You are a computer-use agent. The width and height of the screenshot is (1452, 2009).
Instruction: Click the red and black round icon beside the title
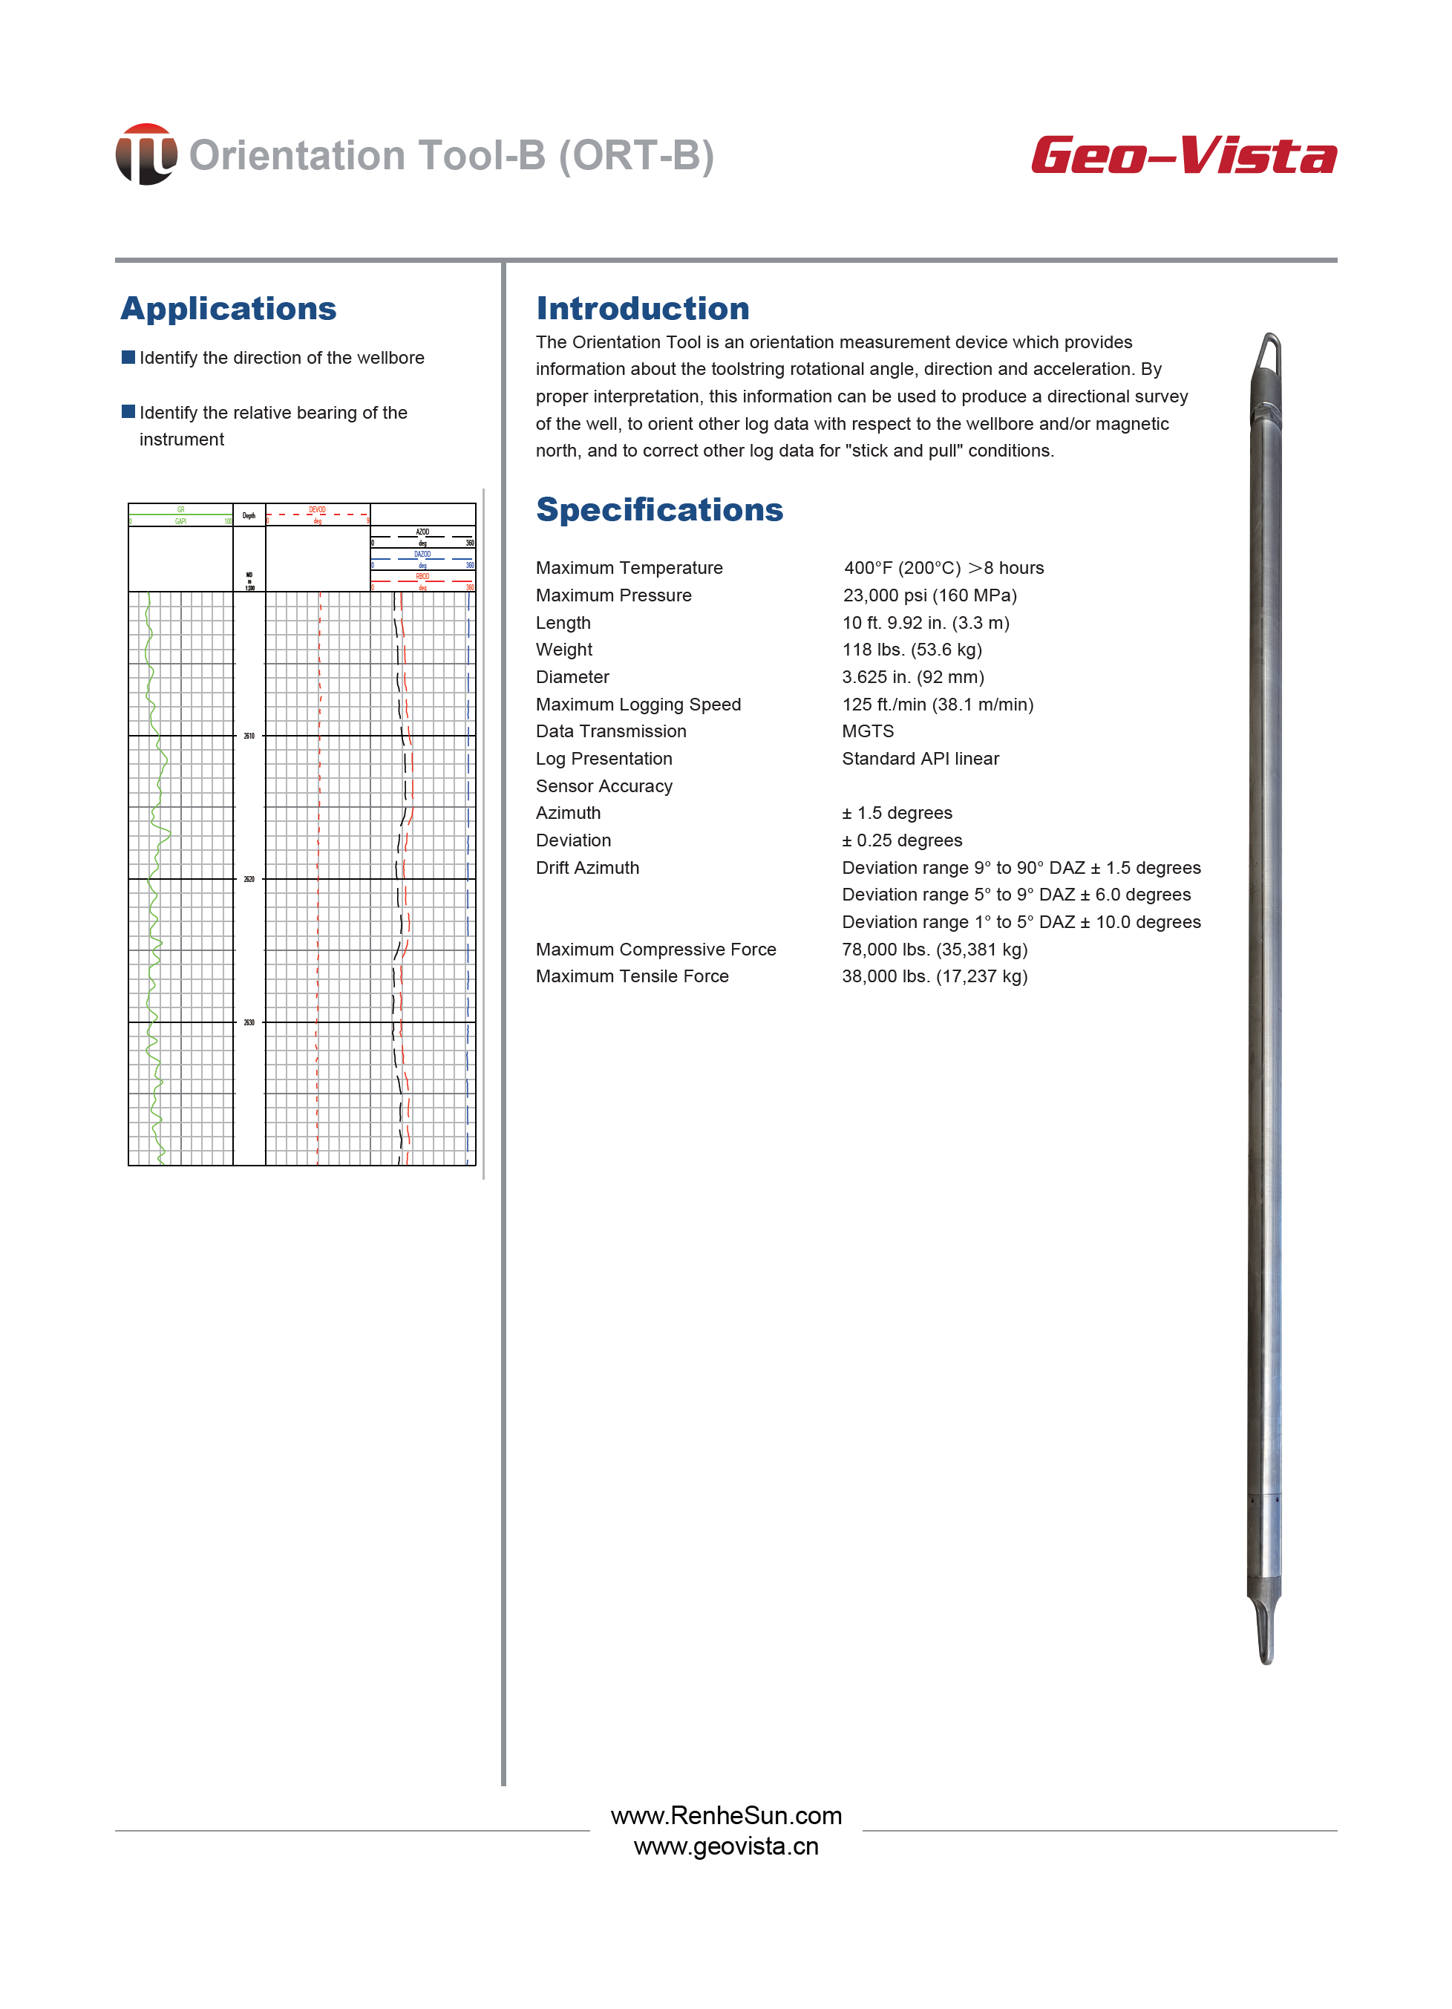click(x=146, y=154)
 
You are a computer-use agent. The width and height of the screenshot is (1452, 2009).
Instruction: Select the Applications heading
click(x=229, y=308)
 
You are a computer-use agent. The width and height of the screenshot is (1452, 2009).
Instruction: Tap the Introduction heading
click(x=642, y=308)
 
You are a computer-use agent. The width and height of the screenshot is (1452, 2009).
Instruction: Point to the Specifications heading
click(x=659, y=509)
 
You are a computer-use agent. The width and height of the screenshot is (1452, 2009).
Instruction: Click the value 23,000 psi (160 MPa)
click(x=929, y=595)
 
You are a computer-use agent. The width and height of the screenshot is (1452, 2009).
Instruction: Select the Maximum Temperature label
click(x=629, y=568)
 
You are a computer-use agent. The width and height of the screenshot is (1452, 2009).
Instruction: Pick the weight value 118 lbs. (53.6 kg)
click(x=912, y=650)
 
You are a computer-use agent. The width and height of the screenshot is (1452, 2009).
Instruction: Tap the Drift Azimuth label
click(x=587, y=867)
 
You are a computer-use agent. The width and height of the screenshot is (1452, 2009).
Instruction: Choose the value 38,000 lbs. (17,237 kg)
click(x=935, y=976)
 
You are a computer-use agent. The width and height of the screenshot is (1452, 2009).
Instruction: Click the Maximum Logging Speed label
click(x=638, y=705)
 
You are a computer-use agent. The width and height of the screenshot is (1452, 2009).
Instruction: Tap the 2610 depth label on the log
click(x=249, y=736)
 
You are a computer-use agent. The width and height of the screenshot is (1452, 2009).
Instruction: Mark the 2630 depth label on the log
click(x=249, y=1023)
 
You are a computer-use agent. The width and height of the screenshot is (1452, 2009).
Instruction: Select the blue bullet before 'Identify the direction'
click(x=128, y=357)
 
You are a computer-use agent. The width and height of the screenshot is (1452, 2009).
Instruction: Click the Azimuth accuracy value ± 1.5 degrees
click(x=897, y=812)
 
